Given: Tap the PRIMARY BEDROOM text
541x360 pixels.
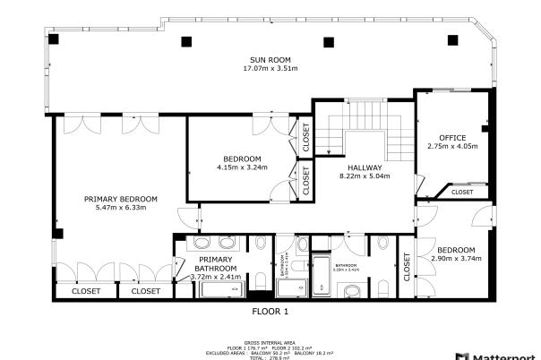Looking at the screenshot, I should click(x=121, y=199).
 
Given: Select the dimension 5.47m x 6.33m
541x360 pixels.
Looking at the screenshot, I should click(x=121, y=208).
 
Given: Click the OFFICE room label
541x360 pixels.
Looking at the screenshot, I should click(x=452, y=137).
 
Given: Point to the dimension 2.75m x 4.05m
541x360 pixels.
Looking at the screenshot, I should click(x=452, y=146).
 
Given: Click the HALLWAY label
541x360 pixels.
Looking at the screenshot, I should click(x=361, y=167).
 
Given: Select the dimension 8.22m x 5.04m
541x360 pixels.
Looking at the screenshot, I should click(x=361, y=176).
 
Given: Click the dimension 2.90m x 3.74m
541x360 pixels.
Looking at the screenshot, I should click(x=456, y=258).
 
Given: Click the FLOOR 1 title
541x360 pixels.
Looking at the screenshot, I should click(x=270, y=312).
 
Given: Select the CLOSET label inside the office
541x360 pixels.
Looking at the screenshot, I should click(x=462, y=192).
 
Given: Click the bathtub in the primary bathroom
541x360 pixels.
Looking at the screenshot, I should click(x=220, y=288).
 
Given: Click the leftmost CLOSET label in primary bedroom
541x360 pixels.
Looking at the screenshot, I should click(x=86, y=291).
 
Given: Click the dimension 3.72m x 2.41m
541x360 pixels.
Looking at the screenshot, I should click(x=217, y=278).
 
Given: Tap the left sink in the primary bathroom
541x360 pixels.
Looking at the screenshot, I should click(x=202, y=243).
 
